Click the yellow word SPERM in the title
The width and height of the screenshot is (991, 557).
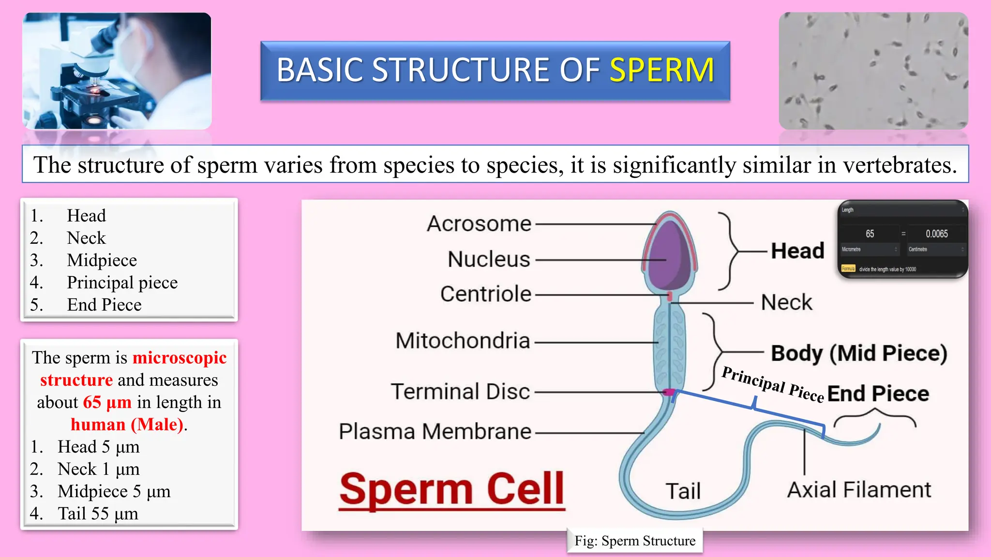pyautogui.click(x=661, y=70)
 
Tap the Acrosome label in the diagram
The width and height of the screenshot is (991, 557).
pyautogui.click(x=479, y=224)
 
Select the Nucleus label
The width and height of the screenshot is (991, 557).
pyautogui.click(x=489, y=259)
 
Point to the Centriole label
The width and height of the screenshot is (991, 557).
pyautogui.click(x=485, y=294)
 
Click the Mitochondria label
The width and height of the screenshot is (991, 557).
pyautogui.click(x=463, y=341)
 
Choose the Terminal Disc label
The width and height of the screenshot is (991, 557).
pyautogui.click(x=460, y=392)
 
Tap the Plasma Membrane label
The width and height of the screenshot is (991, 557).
pyautogui.click(x=435, y=431)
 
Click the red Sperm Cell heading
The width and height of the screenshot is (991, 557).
pyautogui.click(x=452, y=489)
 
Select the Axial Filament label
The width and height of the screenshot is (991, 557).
pyautogui.click(x=859, y=490)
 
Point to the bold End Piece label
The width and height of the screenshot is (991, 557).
pyautogui.click(x=878, y=394)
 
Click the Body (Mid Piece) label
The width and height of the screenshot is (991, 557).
pyautogui.click(x=859, y=353)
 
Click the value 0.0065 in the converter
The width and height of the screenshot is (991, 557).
pyautogui.click(x=936, y=234)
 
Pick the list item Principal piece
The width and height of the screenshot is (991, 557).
pyautogui.click(x=122, y=282)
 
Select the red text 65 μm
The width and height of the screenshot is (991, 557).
pyautogui.click(x=107, y=402)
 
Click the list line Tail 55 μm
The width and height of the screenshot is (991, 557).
pyautogui.click(x=97, y=513)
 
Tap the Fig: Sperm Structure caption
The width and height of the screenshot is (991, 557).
pyautogui.click(x=634, y=541)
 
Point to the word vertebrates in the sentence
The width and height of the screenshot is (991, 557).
pyautogui.click(x=899, y=165)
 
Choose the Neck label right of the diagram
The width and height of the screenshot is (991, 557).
pyautogui.click(x=786, y=303)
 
